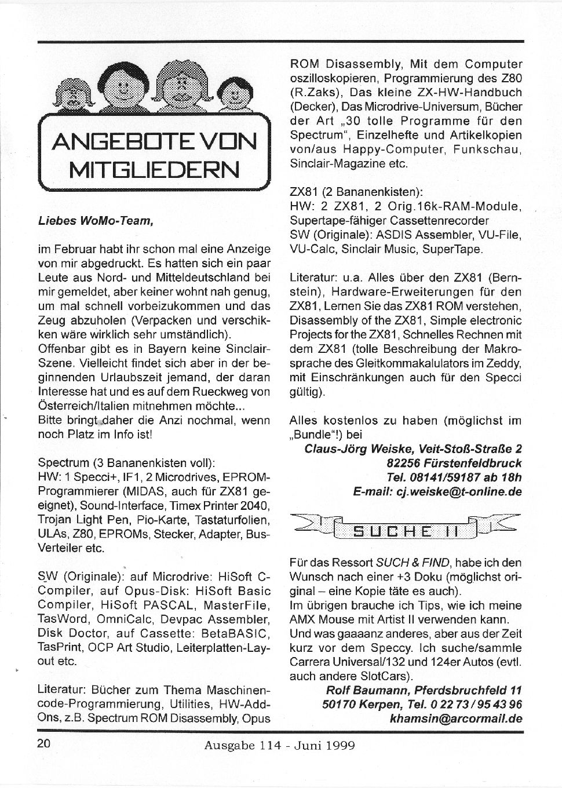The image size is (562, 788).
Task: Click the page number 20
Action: coord(45,744)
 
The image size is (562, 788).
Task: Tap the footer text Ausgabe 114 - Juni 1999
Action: coord(280,745)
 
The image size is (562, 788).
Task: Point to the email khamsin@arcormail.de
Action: coord(457,718)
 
